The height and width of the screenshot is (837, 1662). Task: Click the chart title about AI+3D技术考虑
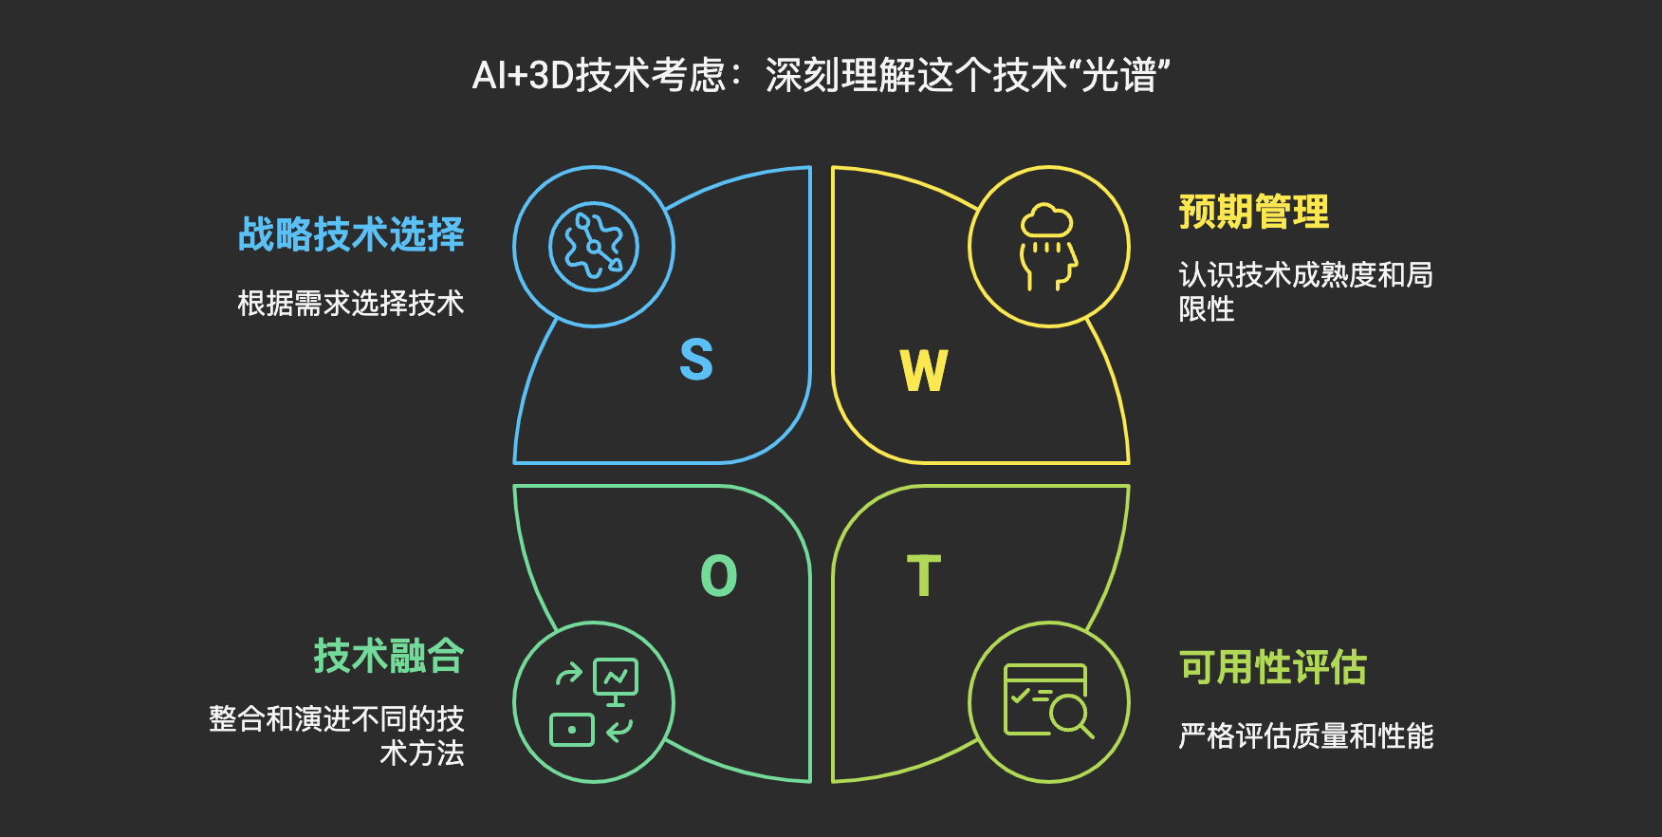point(822,75)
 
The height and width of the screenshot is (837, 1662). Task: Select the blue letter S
point(696,360)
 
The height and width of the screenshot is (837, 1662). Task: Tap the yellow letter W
point(924,370)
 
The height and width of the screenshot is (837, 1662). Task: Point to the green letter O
point(718,576)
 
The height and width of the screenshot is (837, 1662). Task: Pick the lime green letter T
point(924,576)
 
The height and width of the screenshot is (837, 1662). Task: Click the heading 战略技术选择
point(351,234)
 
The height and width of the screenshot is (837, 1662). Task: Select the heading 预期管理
point(1253,212)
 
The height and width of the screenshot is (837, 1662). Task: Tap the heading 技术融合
point(389,656)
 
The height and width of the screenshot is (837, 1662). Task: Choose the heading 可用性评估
point(1273,667)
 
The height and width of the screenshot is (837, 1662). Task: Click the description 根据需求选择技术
point(351,304)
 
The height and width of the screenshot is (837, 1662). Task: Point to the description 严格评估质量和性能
point(1305,735)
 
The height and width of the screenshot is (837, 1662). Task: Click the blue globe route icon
point(594,247)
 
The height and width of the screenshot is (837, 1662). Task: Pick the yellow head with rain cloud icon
point(1048,248)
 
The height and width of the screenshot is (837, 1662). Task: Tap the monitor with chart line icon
point(616,679)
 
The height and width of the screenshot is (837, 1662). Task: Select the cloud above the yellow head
point(1047,222)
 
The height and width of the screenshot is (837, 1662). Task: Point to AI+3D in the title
point(523,75)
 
